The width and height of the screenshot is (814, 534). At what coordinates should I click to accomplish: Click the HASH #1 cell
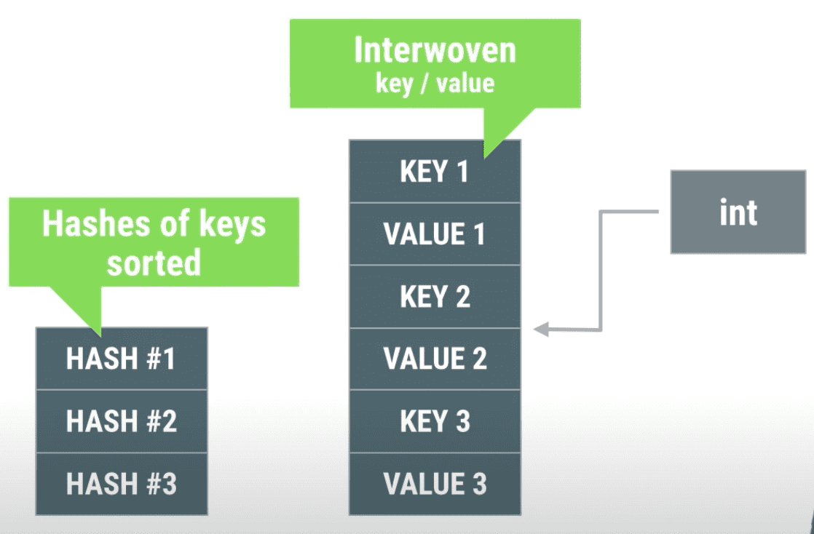click(122, 358)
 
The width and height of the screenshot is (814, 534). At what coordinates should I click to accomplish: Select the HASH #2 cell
click(122, 421)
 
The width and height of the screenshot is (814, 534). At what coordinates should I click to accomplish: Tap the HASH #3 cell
click(122, 484)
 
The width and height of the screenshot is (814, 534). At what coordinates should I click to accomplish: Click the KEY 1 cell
click(435, 171)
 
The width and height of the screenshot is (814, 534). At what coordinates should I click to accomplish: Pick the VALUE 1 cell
click(435, 234)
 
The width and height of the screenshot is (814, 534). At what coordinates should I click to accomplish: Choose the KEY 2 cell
click(435, 296)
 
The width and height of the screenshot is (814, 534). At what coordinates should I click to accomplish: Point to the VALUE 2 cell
click(435, 359)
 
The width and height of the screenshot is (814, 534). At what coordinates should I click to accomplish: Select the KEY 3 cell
click(435, 421)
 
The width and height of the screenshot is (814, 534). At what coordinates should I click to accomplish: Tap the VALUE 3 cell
click(435, 484)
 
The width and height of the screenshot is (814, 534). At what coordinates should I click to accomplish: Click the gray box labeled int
click(738, 212)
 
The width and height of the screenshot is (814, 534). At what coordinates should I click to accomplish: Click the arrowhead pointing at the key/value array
click(541, 329)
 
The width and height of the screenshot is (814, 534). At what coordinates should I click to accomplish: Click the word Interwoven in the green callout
click(435, 50)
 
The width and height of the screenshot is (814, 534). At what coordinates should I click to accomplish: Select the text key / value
click(435, 84)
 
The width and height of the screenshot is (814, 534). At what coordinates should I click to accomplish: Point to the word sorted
click(154, 262)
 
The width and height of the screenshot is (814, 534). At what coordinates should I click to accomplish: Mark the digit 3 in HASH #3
click(169, 484)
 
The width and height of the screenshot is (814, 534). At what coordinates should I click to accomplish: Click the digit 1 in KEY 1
click(462, 171)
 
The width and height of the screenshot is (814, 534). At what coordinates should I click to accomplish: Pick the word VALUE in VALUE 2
click(424, 359)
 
